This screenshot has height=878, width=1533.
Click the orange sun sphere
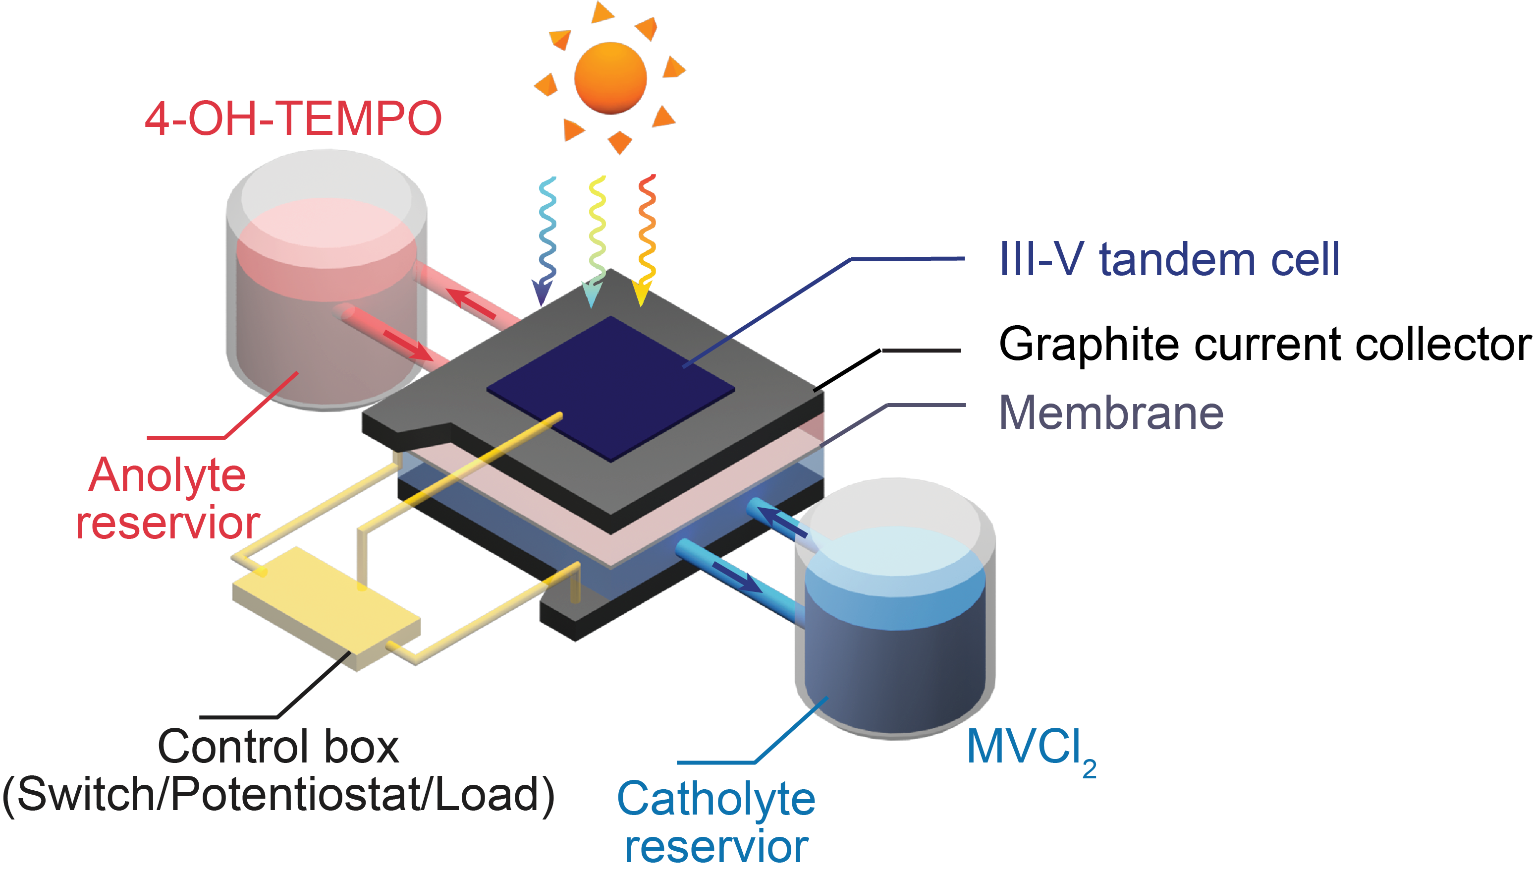coord(610,78)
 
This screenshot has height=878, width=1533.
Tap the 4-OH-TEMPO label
coord(293,118)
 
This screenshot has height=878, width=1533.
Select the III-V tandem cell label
coord(1169,259)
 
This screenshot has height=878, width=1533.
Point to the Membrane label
coord(1111,413)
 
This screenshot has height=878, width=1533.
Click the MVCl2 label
coord(1031,751)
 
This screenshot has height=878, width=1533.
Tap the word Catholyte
coord(716,800)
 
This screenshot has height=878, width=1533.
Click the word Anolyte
coord(167,476)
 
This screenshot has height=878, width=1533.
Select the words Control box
coord(278,747)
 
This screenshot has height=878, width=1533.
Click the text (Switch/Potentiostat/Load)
coord(278,795)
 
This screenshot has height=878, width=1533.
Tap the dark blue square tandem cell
coord(610,389)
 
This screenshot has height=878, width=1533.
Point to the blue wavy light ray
coord(546,241)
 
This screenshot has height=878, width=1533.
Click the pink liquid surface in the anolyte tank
coord(327,232)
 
